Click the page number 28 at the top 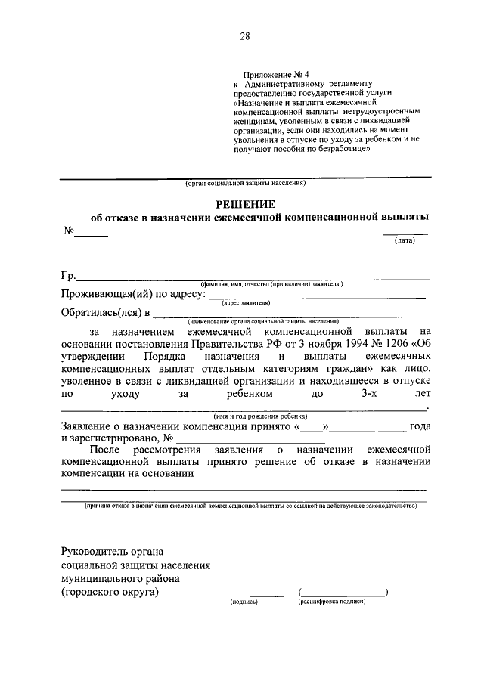(x=245, y=36)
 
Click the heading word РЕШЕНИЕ (x=245, y=203)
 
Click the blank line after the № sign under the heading (x=91, y=235)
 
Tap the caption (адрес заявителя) (x=246, y=302)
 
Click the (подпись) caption (x=244, y=602)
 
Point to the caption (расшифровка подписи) (x=332, y=602)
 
